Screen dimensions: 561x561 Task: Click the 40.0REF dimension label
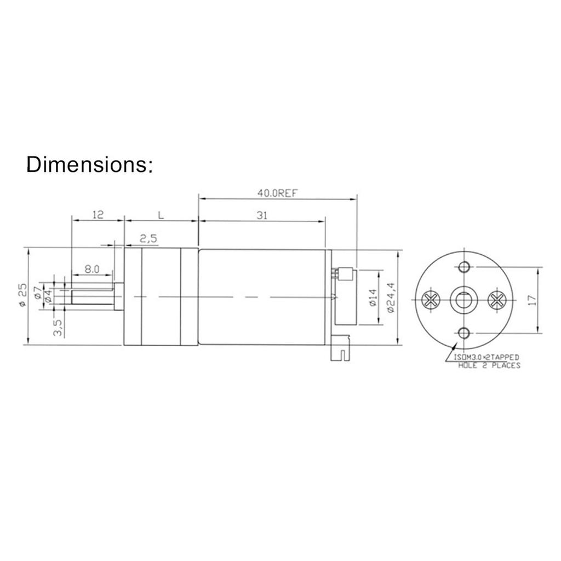tap(277, 193)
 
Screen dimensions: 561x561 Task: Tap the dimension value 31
tap(262, 216)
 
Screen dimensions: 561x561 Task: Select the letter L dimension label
tap(160, 216)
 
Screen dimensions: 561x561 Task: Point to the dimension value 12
tap(98, 216)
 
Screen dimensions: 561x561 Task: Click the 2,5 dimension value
tap(148, 238)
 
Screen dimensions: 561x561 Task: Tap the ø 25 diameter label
tap(22, 296)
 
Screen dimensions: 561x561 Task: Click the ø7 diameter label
tap(38, 292)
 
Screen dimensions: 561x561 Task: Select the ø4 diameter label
tap(48, 296)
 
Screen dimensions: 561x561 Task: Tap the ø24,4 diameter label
tap(390, 297)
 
